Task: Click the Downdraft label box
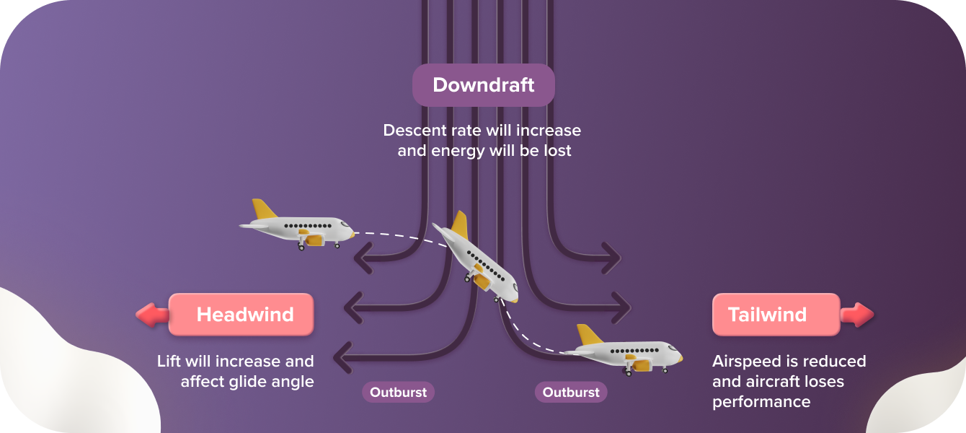(x=483, y=85)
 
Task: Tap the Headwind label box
(x=241, y=315)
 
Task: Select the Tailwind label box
(x=776, y=315)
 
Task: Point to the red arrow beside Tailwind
(x=857, y=315)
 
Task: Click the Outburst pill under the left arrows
(x=398, y=393)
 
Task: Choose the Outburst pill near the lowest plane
(x=571, y=393)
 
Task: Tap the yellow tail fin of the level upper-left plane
(x=265, y=209)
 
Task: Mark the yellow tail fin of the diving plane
(x=459, y=224)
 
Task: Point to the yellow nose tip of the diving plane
(x=514, y=299)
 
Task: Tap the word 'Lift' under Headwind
(x=169, y=361)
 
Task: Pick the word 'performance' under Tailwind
(x=761, y=402)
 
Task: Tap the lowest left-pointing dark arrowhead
(x=339, y=356)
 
